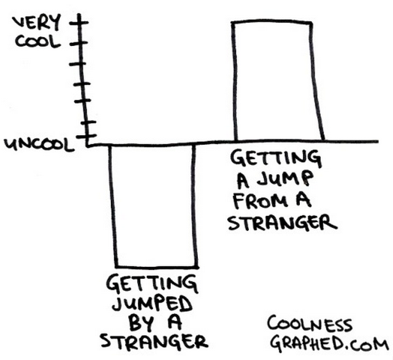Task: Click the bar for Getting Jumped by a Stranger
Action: pos(153,204)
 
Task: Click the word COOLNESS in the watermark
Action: pos(309,324)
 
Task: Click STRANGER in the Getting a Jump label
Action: pos(282,223)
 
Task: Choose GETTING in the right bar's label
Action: pos(274,158)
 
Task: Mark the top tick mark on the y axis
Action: pos(79,23)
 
